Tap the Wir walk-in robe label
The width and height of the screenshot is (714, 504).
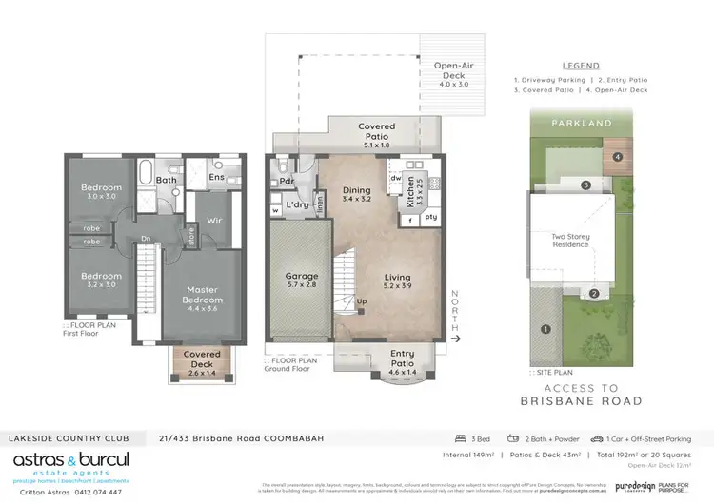click(213, 202)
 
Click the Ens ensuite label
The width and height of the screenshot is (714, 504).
click(216, 176)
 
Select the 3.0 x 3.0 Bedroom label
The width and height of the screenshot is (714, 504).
click(101, 192)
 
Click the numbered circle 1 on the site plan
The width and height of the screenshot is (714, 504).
click(545, 330)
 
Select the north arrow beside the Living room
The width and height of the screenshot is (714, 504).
click(455, 337)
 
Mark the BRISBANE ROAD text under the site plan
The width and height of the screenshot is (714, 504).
click(569, 402)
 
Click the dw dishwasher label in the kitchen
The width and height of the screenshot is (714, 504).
click(393, 177)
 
